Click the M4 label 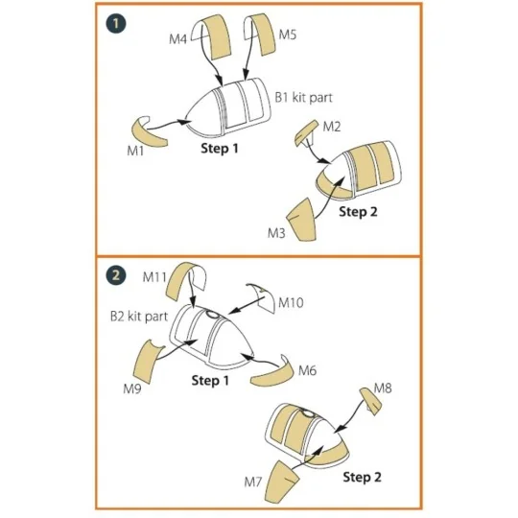pyautogui.click(x=177, y=39)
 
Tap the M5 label pyautogui.click(x=288, y=35)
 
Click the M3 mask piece pyautogui.click(x=301, y=220)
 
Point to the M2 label pyautogui.click(x=331, y=127)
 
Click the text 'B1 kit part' pyautogui.click(x=303, y=98)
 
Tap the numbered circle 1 pyautogui.click(x=116, y=24)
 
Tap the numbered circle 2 pyautogui.click(x=116, y=275)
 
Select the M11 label pyautogui.click(x=153, y=277)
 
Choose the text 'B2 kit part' pyautogui.click(x=139, y=317)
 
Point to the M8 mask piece pyautogui.click(x=370, y=401)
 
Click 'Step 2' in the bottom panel pyautogui.click(x=362, y=477)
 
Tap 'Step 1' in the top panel pyautogui.click(x=220, y=148)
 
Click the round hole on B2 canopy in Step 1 pyautogui.click(x=212, y=315)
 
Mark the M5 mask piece pyautogui.click(x=261, y=34)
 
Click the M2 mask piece pyautogui.click(x=306, y=132)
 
